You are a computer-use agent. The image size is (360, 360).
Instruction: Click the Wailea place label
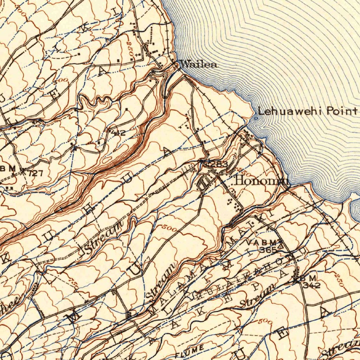[198, 64]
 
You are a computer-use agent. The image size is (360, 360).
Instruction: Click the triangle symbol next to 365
[280, 246]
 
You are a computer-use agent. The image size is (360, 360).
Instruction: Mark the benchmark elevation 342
[313, 285]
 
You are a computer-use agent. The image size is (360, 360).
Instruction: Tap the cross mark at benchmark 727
[23, 171]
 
